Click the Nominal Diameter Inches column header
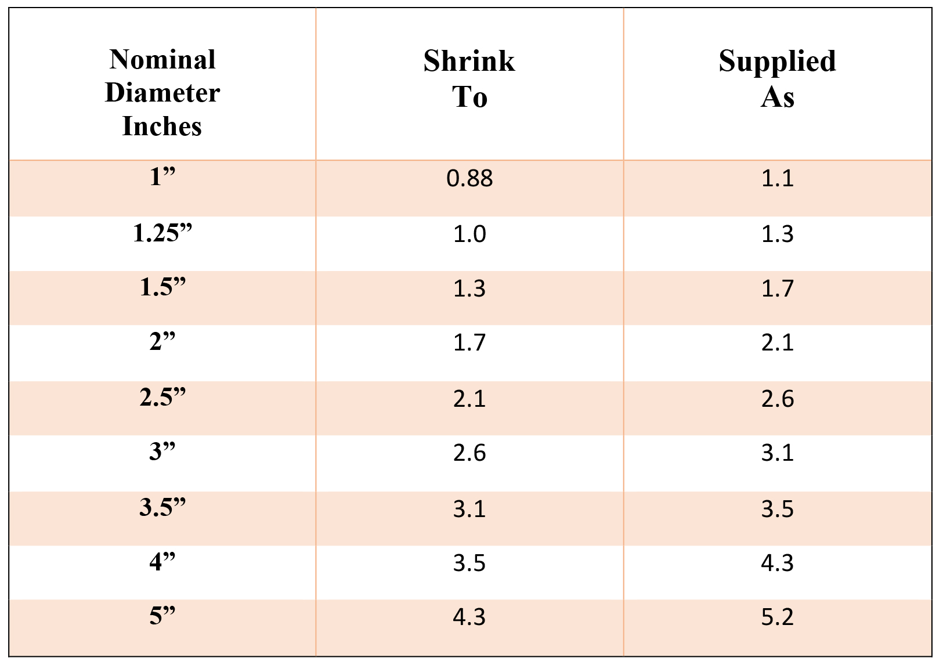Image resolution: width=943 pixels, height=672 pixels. point(162,93)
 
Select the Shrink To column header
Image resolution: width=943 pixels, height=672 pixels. point(469,79)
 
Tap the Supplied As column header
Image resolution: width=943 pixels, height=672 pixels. point(777,79)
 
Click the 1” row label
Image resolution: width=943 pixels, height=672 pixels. point(162,176)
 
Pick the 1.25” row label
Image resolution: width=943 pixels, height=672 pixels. point(162,233)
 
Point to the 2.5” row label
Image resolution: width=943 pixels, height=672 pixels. point(162,398)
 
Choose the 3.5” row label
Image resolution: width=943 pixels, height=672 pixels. point(162,508)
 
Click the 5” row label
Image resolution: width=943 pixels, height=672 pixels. point(162,616)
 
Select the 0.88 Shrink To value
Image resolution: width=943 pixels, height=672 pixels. point(469,178)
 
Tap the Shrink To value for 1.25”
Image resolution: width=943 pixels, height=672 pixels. point(469,234)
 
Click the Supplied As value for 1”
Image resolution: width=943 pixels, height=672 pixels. point(777,178)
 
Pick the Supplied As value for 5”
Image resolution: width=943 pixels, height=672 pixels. point(777,617)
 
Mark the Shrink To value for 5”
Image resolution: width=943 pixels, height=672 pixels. point(469,617)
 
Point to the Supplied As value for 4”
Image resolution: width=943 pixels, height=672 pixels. point(777,563)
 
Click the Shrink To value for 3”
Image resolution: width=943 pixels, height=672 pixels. point(469,453)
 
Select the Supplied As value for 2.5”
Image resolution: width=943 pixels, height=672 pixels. point(777,399)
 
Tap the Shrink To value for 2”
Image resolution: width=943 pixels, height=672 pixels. point(469,342)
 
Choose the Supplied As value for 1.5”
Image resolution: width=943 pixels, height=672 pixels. point(777,288)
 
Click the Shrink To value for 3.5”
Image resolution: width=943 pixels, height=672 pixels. point(469,509)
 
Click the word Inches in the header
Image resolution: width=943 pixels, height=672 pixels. point(162,127)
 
